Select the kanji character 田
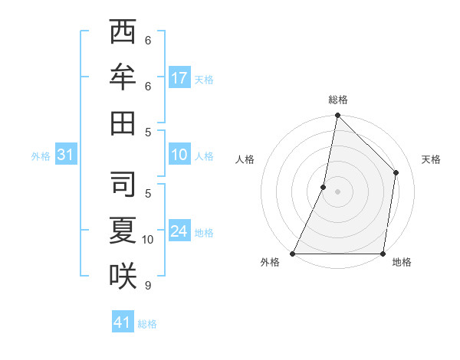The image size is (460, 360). click(123, 122)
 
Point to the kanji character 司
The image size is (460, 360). click(123, 183)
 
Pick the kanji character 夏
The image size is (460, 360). click(123, 229)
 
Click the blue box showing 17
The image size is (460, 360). click(179, 78)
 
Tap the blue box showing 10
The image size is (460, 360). click(179, 155)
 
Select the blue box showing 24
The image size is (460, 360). click(179, 231)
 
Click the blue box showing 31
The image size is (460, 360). click(66, 155)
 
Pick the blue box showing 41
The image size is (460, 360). click(123, 322)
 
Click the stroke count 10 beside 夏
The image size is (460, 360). click(148, 239)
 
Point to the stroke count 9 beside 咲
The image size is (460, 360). click(148, 285)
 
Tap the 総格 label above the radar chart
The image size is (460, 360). click(338, 100)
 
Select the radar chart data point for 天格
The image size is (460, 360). click(396, 172)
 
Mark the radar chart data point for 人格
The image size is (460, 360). click(324, 187)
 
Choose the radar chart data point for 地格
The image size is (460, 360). click(383, 254)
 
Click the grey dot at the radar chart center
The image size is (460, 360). click(338, 191)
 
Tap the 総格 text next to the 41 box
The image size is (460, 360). click(147, 324)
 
